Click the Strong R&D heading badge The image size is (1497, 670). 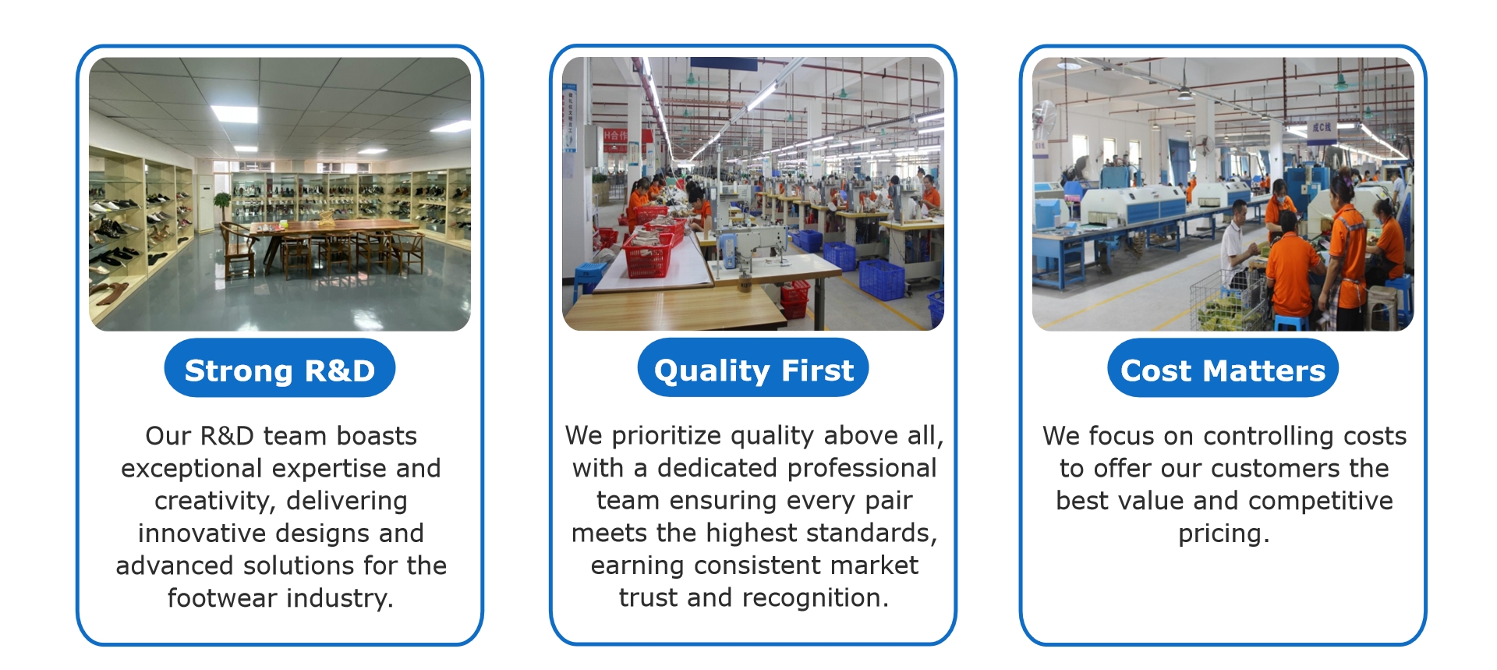click(279, 368)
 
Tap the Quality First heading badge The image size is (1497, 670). click(753, 368)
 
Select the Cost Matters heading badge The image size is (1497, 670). click(1223, 368)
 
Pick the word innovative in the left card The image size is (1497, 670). click(203, 534)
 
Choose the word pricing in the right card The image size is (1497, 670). click(1223, 534)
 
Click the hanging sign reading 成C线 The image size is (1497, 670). click(1321, 128)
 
